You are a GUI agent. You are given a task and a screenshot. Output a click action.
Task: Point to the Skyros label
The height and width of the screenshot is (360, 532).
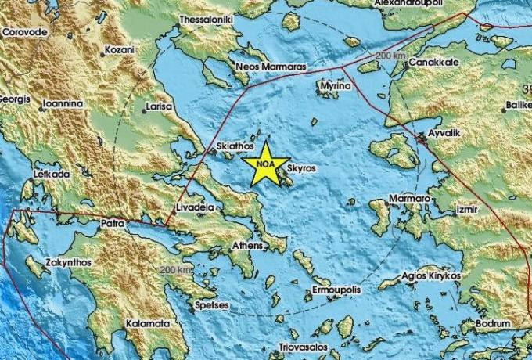pos(301,167)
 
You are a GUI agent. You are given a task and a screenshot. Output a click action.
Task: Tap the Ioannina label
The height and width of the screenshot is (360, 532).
pos(65,101)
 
